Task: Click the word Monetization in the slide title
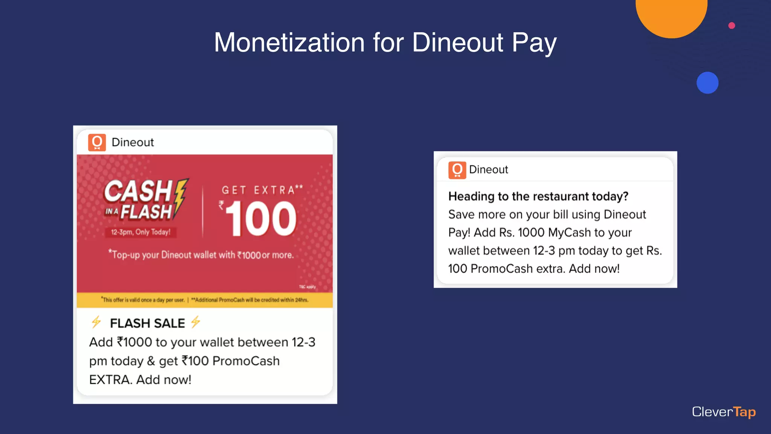point(289,42)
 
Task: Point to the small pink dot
point(731,26)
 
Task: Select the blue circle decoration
point(707,83)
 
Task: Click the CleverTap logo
point(724,412)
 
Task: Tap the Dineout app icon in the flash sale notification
point(97,142)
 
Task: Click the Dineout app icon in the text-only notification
point(457,170)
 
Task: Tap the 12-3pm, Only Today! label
point(140,232)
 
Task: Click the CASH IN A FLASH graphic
point(145,200)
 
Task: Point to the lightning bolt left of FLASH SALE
point(96,322)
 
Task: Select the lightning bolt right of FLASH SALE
point(195,322)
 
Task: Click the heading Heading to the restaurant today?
point(538,196)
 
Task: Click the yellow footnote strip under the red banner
point(204,300)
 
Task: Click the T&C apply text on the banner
point(307,287)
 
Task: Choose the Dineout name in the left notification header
point(133,142)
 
